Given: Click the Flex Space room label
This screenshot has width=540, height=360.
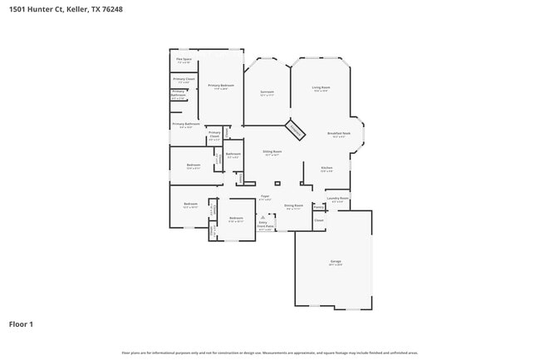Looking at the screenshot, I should tap(184, 60).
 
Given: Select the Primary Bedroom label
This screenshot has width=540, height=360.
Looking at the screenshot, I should tap(221, 86).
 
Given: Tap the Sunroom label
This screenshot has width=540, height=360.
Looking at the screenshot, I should tap(267, 92).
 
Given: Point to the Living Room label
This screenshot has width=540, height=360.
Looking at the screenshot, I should tap(322, 87).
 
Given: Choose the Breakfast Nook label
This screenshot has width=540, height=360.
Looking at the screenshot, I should tap(338, 134).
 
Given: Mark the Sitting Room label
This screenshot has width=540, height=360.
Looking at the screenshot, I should tap(272, 152).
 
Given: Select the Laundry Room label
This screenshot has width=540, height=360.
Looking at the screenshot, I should tap(337, 198).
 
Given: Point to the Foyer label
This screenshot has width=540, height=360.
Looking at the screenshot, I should tap(265, 197).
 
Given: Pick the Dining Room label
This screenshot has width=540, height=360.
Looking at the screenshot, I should tap(293, 205).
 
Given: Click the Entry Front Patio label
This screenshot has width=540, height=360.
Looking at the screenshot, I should tap(263, 225).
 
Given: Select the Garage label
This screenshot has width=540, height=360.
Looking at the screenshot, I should tap(335, 261).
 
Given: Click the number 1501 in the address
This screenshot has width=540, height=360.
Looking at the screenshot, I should tap(17, 8).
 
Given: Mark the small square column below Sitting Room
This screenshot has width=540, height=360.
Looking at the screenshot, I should tap(277, 183).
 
